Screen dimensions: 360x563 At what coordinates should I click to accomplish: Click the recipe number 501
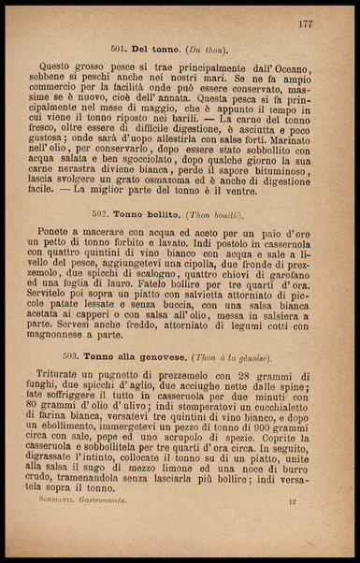tap(119, 45)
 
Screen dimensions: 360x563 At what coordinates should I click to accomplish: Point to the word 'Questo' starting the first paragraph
tap(77, 69)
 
